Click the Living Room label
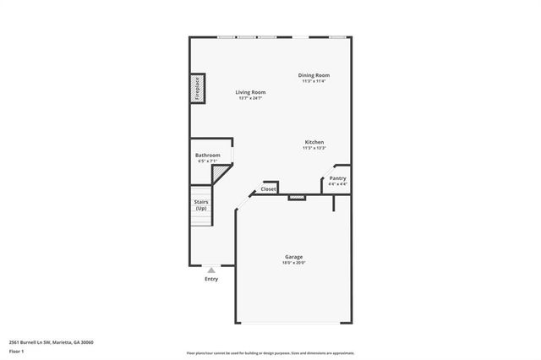(x=250, y=92)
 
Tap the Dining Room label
(x=314, y=75)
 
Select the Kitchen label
(x=314, y=142)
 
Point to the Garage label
(x=293, y=257)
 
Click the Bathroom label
(x=207, y=155)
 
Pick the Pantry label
(x=337, y=178)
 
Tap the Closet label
(x=269, y=189)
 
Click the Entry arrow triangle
(x=211, y=270)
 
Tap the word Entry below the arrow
(x=211, y=279)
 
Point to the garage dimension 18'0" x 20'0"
(x=293, y=263)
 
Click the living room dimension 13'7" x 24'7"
(x=250, y=98)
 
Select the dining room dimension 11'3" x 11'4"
(x=314, y=81)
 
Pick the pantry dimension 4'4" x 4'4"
(x=337, y=183)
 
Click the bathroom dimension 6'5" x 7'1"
(x=207, y=161)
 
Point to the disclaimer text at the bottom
(x=270, y=352)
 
